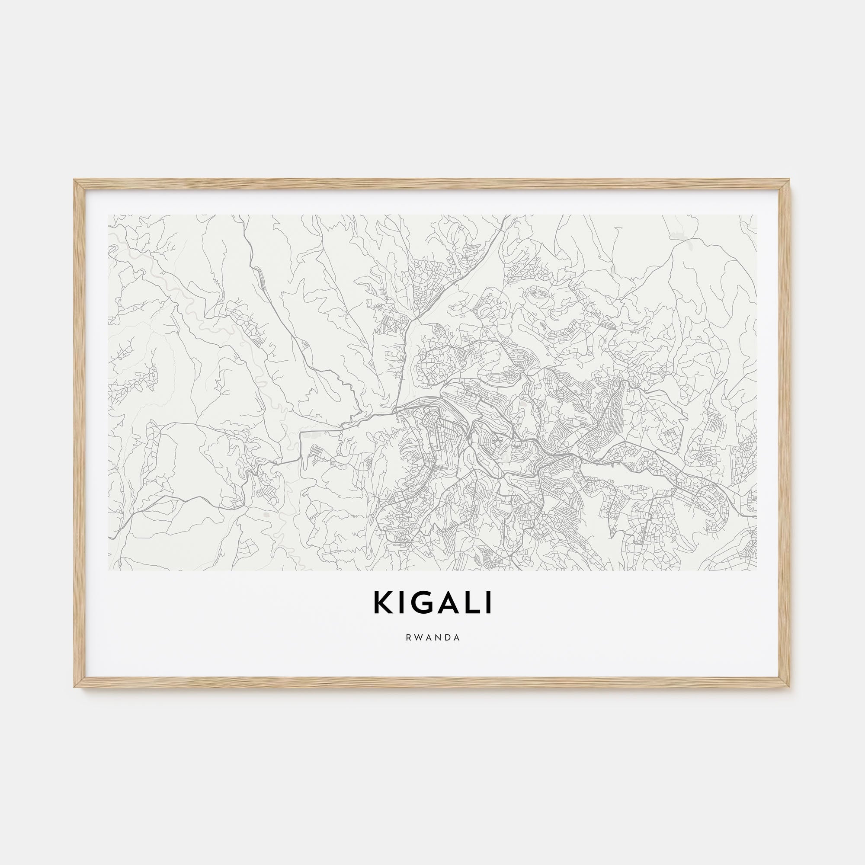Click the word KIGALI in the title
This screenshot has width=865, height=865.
(x=432, y=603)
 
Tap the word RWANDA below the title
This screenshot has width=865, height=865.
(x=432, y=638)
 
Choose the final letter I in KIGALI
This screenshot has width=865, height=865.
(x=489, y=603)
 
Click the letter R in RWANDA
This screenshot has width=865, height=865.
(x=408, y=638)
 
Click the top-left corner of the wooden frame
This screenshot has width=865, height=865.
(x=74, y=180)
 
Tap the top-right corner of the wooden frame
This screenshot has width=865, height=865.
(x=790, y=180)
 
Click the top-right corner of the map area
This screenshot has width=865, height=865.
(x=756, y=215)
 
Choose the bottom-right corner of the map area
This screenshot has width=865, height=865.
(x=756, y=570)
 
